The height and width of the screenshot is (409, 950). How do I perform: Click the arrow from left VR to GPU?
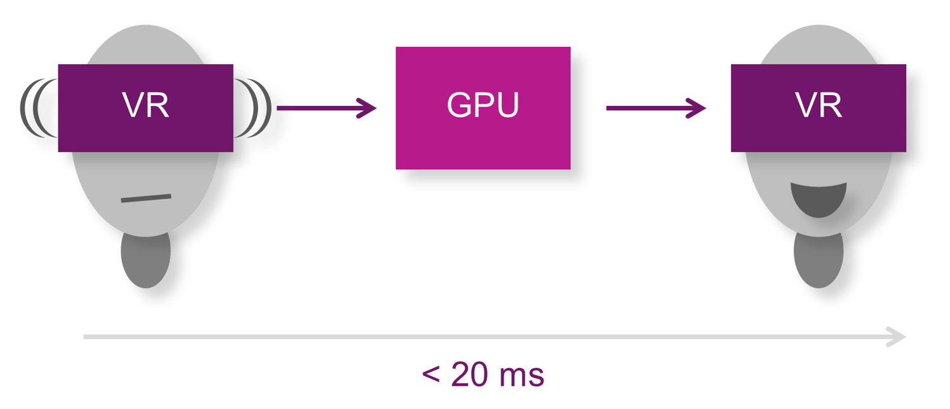(326, 108)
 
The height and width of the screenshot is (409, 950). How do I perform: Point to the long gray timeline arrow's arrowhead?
(897, 337)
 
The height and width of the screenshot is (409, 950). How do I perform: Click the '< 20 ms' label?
(483, 375)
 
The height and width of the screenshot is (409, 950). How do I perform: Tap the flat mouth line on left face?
(146, 198)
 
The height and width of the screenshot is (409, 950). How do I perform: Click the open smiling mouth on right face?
(818, 199)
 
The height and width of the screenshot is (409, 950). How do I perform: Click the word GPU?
(483, 105)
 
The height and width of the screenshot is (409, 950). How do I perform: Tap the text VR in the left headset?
(145, 106)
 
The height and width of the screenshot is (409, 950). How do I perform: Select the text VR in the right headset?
(818, 106)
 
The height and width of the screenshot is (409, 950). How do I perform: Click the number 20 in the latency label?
(470, 375)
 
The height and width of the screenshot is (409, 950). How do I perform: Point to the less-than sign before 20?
(431, 376)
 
